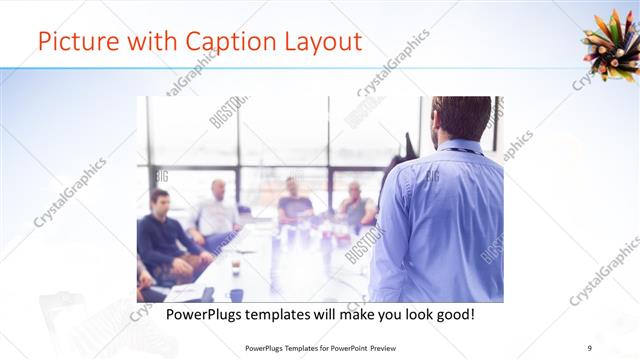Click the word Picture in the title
click(71, 43)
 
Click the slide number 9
click(589, 347)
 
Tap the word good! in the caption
click(452, 315)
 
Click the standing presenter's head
click(462, 118)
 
